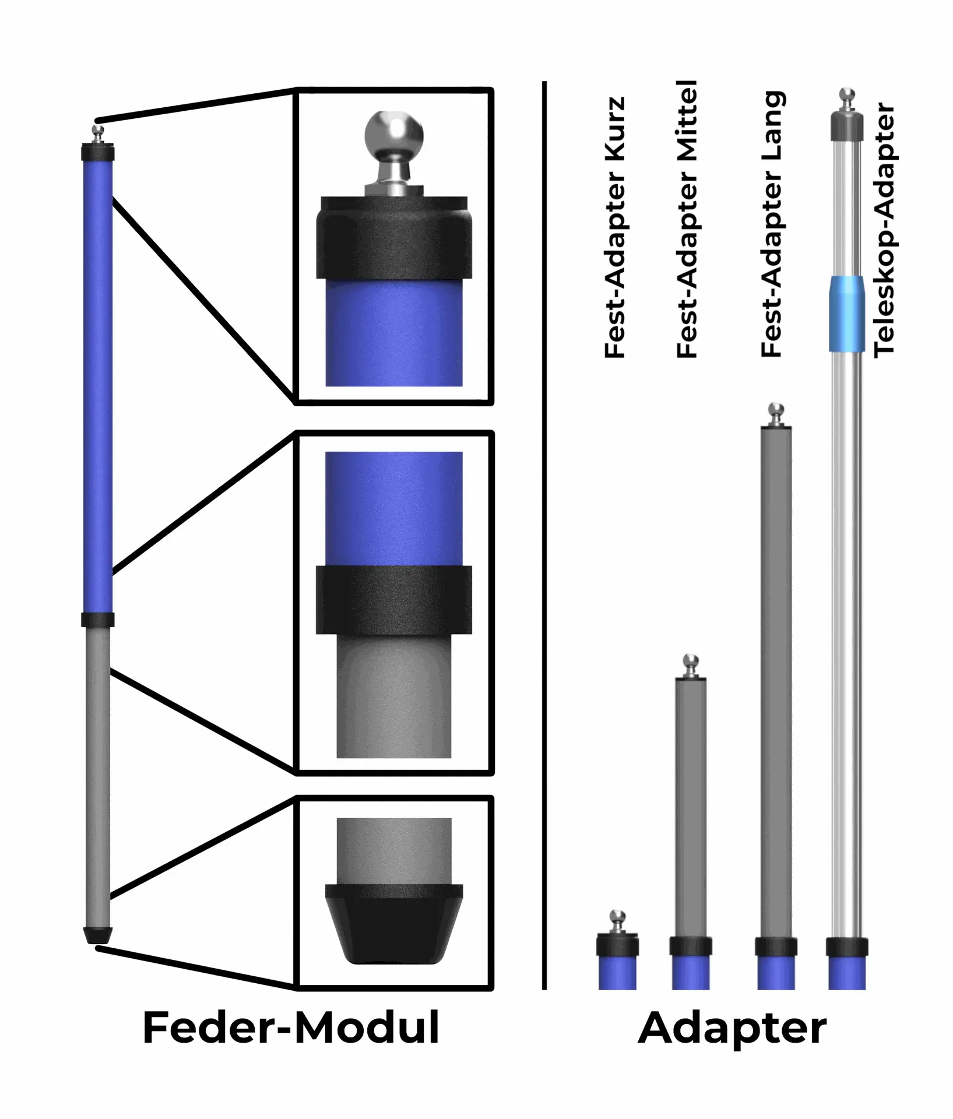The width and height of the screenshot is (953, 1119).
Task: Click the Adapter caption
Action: pos(732,1029)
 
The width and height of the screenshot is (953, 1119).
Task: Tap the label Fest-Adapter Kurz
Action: pos(615,227)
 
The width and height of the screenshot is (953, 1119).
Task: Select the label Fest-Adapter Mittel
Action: pos(687,219)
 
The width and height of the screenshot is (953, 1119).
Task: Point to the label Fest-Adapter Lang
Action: pos(772,224)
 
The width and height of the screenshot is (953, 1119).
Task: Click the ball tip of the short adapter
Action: pos(617,917)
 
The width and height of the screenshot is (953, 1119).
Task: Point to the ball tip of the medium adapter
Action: pos(691,661)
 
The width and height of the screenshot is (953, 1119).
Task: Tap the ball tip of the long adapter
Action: pos(776,410)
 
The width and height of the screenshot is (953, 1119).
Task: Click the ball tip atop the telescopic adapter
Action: pos(847,95)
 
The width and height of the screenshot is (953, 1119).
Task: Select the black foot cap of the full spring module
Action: pos(97,935)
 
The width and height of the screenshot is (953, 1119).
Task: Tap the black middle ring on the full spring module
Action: pos(97,620)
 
